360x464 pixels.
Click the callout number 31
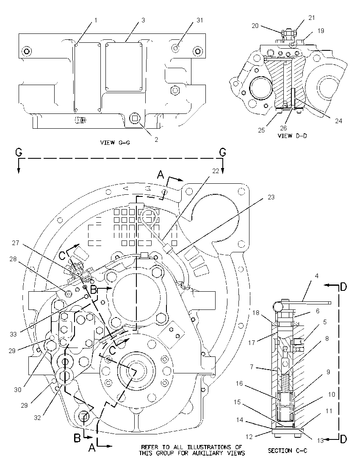[200, 20]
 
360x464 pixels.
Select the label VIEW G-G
[115, 143]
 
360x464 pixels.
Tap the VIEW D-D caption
[293, 135]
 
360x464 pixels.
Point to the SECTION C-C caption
[288, 451]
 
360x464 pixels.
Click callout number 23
[271, 197]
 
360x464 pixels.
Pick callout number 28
[13, 259]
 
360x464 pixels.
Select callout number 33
[13, 334]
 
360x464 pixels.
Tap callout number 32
[37, 418]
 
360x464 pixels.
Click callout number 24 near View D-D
[338, 121]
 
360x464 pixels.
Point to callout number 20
[255, 26]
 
